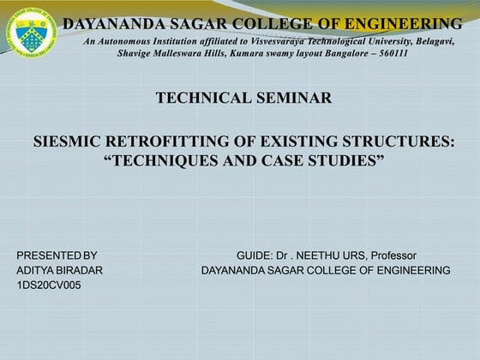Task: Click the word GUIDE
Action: [x=254, y=255]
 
